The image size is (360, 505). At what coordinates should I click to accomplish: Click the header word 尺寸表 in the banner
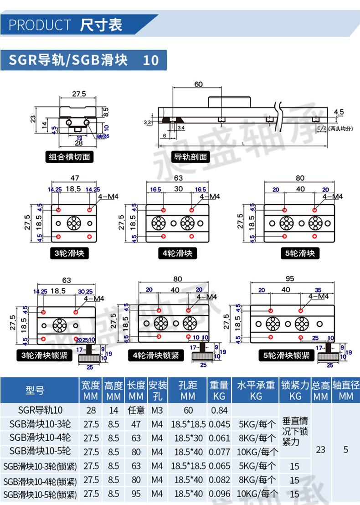tap(101, 25)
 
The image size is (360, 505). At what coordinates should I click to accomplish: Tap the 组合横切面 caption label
tap(69, 157)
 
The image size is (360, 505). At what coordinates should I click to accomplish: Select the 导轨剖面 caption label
tap(190, 157)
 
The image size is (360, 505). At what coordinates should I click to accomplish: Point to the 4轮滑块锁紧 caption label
tap(156, 355)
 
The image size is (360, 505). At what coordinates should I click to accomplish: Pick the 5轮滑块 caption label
tap(300, 253)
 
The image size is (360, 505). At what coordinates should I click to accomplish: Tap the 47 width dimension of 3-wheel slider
tap(75, 178)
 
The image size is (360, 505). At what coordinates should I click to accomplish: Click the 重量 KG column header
tap(219, 391)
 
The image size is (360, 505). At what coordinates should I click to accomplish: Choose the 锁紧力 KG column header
tap(295, 391)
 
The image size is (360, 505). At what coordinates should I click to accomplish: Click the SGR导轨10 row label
tap(40, 411)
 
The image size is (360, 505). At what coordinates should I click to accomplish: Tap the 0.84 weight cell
tap(219, 411)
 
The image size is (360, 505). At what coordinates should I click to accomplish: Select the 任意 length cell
tap(136, 411)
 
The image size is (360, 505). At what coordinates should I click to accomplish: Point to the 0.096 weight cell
tap(219, 494)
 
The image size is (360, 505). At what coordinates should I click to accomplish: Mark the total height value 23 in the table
tap(321, 449)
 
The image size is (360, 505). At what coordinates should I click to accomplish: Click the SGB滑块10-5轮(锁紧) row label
tap(40, 494)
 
